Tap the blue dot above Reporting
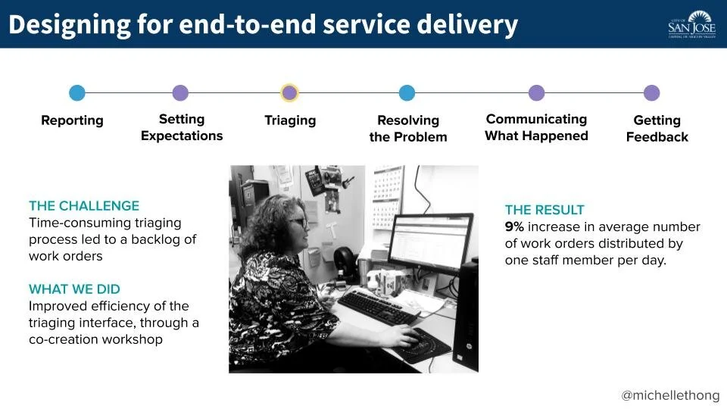(x=77, y=93)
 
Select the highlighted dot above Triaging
(x=289, y=93)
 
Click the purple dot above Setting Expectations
(x=180, y=93)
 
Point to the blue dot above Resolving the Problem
(x=407, y=93)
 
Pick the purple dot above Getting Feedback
(x=651, y=93)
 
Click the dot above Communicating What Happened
(x=536, y=93)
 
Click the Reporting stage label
(x=72, y=120)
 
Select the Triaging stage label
(x=290, y=120)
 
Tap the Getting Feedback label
(x=657, y=129)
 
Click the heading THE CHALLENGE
(x=84, y=205)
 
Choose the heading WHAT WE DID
(x=74, y=289)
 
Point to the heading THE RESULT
(x=544, y=210)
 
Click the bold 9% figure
(x=515, y=226)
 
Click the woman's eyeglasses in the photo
(x=298, y=222)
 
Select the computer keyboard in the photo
(x=376, y=306)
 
